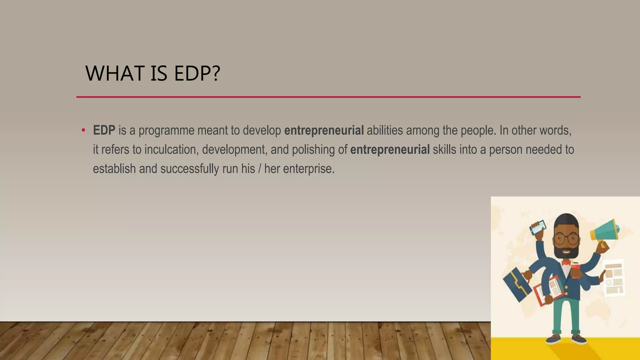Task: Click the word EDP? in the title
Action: [197, 73]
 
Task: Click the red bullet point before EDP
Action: [83, 130]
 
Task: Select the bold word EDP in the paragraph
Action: [104, 130]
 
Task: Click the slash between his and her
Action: [259, 169]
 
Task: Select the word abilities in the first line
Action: [385, 130]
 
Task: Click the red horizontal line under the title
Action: [328, 97]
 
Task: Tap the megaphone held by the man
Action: [605, 231]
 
